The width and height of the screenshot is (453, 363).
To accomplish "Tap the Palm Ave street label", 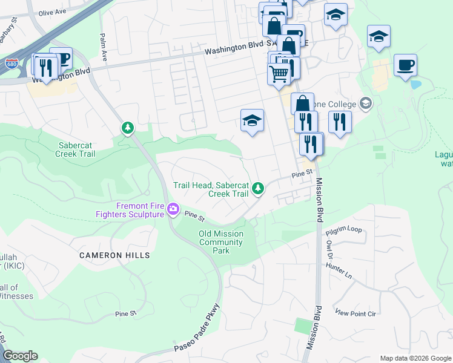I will point(104,47).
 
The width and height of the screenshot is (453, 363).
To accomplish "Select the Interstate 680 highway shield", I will point(12,62).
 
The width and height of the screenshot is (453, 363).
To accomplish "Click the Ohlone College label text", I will point(339,103).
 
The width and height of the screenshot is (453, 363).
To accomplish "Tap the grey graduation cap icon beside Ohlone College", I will point(365,103).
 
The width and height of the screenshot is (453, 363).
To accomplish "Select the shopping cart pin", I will point(279,74).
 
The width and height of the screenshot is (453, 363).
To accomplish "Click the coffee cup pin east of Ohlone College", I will point(405,64).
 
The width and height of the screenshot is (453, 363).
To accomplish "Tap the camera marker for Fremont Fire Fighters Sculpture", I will point(173,209).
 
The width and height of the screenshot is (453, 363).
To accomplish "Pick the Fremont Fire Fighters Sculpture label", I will point(130,210).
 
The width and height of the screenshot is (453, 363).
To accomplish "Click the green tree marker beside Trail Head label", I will point(259,189).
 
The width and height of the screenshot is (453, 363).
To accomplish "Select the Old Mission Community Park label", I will point(221,242).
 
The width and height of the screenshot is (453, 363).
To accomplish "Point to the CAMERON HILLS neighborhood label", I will point(114,256).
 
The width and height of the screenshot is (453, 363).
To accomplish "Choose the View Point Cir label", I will point(355,313).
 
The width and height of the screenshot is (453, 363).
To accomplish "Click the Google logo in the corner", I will point(20,356).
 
